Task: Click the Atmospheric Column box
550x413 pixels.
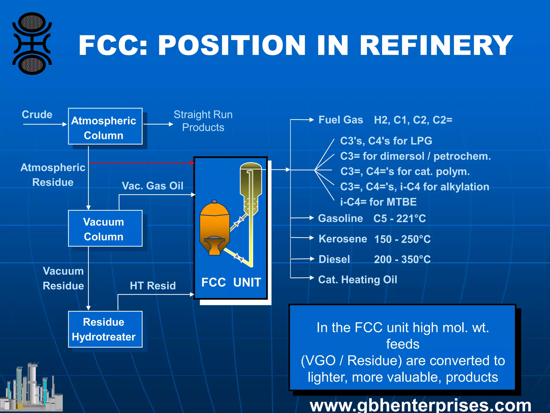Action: point(105,126)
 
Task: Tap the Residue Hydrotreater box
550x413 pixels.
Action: point(105,329)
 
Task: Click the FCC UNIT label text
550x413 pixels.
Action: point(231,282)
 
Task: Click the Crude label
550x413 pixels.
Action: point(37,115)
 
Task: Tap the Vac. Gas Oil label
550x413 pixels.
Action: point(153,186)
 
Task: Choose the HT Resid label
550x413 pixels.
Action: point(153,286)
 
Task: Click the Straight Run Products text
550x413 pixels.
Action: point(203,121)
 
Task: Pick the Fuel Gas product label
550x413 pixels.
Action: point(341,120)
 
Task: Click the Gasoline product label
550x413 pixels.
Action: point(340,218)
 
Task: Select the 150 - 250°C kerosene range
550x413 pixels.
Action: point(402,239)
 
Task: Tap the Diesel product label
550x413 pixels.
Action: point(334,259)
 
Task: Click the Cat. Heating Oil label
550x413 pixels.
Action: point(357,280)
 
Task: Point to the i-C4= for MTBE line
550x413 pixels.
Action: point(378,202)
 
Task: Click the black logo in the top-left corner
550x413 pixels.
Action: point(32,44)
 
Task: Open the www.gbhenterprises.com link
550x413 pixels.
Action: point(420,405)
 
